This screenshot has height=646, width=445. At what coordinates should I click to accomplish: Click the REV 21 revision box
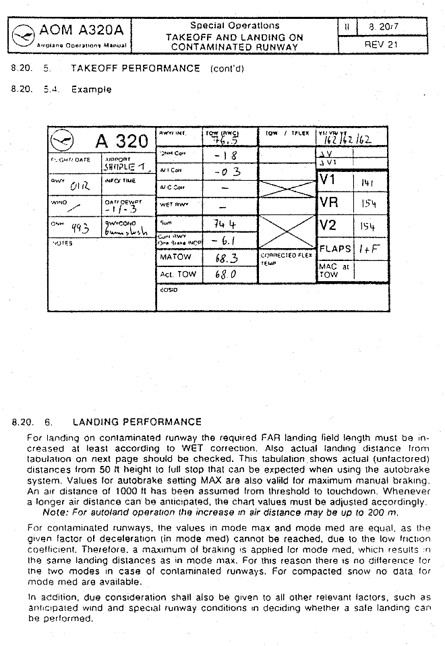click(382, 44)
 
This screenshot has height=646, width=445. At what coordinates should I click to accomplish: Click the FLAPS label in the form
click(335, 249)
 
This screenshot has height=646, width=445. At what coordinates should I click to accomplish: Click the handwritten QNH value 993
click(80, 229)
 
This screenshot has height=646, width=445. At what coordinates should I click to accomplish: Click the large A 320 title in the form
click(121, 142)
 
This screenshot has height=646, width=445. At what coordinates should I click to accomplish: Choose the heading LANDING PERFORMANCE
click(136, 422)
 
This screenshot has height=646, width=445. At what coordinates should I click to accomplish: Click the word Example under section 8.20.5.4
click(91, 89)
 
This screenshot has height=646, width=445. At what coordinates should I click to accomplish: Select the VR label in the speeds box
click(329, 202)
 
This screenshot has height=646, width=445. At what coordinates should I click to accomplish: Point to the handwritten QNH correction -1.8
click(222, 156)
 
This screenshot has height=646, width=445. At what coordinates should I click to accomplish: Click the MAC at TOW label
click(328, 270)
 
